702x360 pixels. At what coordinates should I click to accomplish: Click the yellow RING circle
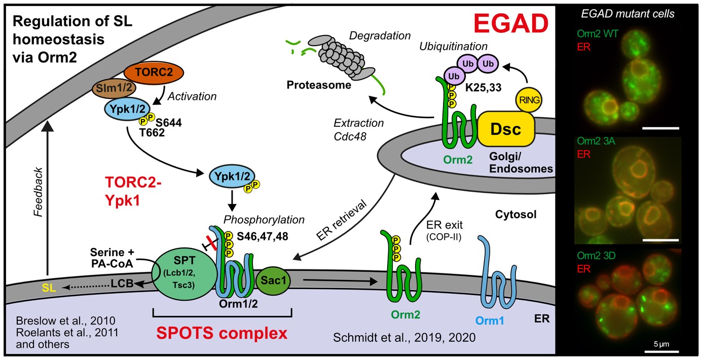coord(528,100)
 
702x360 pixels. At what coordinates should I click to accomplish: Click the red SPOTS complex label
coord(221,334)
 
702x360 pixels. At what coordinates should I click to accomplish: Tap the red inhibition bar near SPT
coord(210,243)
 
